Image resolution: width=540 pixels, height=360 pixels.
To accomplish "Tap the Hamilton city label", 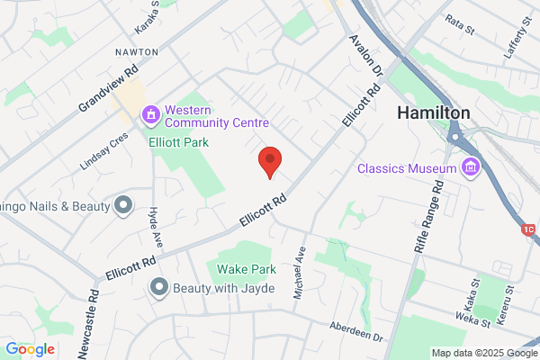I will tap(434, 113).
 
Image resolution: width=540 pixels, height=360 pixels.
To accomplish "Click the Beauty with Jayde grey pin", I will tap(159, 287).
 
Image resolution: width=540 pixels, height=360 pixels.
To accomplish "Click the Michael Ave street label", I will tap(300, 273).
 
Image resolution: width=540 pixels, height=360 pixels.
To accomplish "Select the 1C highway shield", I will tap(529, 229).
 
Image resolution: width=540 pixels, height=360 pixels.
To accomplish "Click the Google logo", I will tap(30, 349).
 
